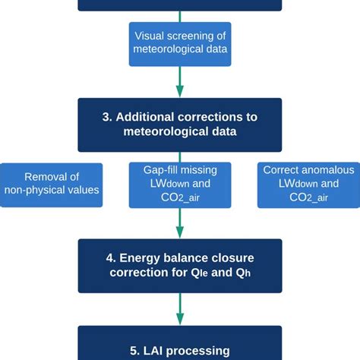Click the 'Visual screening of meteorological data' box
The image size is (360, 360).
click(x=180, y=43)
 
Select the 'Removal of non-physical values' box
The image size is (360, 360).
click(x=51, y=185)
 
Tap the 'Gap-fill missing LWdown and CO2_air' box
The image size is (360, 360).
click(x=180, y=185)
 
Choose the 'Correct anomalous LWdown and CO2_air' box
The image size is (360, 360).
click(x=308, y=185)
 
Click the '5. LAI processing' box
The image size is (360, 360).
click(x=180, y=346)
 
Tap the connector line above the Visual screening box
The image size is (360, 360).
click(x=180, y=16)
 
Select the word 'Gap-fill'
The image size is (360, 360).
click(x=154, y=170)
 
